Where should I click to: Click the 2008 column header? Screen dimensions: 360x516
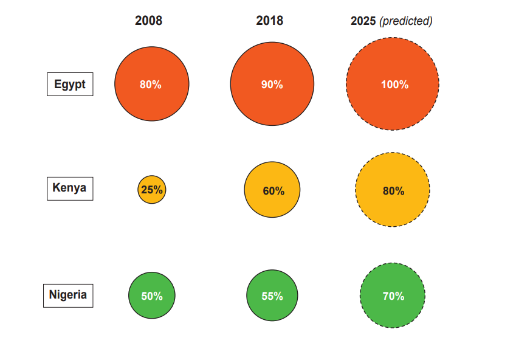[148, 21]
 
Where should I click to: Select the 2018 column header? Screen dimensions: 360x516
[269, 21]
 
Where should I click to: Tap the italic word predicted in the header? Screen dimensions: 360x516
[406, 21]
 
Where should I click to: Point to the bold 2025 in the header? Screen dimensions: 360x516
[363, 21]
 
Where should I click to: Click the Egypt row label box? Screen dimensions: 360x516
[70, 84]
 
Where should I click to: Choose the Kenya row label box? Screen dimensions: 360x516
[70, 188]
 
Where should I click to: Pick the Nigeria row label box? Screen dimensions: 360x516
[68, 296]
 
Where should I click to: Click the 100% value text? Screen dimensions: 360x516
[394, 85]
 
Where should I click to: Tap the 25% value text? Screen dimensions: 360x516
[151, 190]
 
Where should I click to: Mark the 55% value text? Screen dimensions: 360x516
[272, 296]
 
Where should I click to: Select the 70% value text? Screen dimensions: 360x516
[393, 296]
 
